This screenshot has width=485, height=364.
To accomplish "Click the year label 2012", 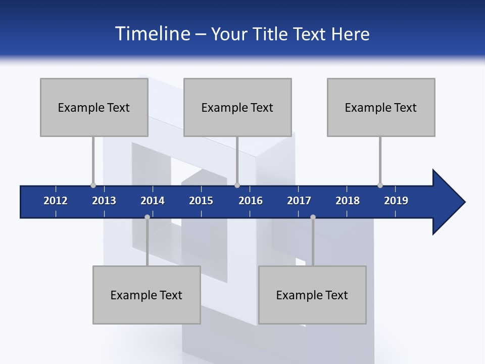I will [x=56, y=201].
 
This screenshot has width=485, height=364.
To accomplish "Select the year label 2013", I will [x=104, y=201].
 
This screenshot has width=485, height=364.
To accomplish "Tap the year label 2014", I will [x=153, y=201].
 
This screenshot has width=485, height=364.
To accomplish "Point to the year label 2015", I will [x=201, y=201].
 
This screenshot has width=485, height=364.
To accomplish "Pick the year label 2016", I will [x=251, y=201].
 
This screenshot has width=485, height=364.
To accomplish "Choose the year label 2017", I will [x=299, y=201].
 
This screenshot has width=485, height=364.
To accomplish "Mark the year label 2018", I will [x=348, y=201].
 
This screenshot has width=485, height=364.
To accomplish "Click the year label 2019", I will [x=396, y=201].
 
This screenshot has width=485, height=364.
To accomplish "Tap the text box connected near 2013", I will [x=94, y=107].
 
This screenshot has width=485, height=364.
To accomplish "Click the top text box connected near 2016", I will [x=237, y=107].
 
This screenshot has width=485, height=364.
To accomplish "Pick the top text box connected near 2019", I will [x=381, y=107].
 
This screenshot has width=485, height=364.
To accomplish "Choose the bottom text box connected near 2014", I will [x=147, y=295].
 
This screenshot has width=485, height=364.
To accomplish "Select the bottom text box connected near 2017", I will [x=312, y=295].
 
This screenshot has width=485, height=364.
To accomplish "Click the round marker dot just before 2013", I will [x=93, y=186].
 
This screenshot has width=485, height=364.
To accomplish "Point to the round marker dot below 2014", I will [x=147, y=217].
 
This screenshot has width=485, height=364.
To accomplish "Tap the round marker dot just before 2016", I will [x=237, y=186].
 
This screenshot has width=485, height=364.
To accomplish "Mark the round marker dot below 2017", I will [x=313, y=217].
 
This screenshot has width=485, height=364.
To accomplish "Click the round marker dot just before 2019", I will [x=380, y=186].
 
